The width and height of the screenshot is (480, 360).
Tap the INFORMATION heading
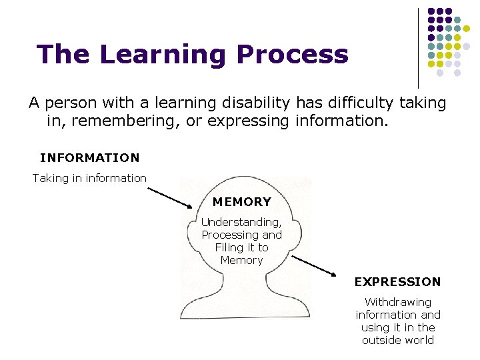tap(90, 158)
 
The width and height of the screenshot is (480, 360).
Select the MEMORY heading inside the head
tap(241, 201)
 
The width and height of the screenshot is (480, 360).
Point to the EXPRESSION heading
tap(397, 281)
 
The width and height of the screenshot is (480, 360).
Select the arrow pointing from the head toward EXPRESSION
tap(315, 265)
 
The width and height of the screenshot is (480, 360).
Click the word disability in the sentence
tap(255, 103)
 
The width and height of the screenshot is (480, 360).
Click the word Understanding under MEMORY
tap(241, 222)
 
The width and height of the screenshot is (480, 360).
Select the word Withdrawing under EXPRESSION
tap(398, 302)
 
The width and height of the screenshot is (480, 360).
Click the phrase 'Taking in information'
tap(89, 178)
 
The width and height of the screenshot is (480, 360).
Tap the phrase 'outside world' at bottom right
tap(398, 340)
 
